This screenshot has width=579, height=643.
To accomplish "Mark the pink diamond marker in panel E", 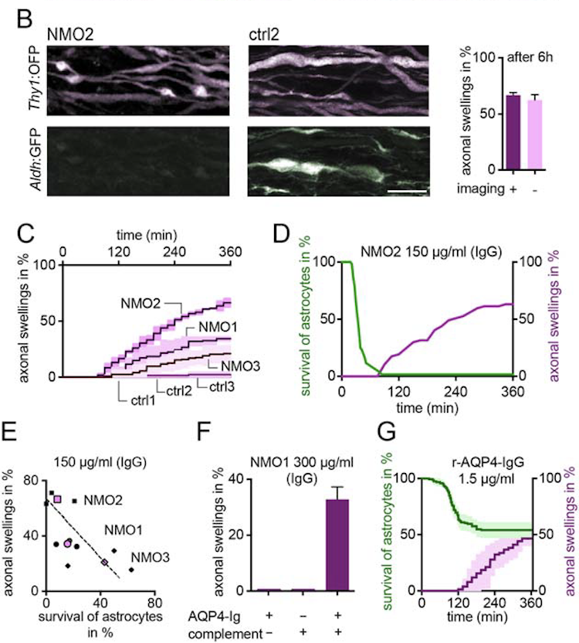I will [x=105, y=562].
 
